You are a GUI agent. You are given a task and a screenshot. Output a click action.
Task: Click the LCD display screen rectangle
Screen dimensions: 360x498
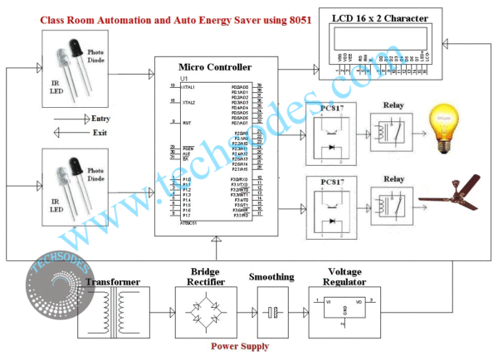click(x=381, y=37)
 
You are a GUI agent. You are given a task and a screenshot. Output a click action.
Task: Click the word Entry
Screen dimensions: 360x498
click(x=101, y=119)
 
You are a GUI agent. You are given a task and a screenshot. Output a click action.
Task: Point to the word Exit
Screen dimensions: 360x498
click(x=100, y=132)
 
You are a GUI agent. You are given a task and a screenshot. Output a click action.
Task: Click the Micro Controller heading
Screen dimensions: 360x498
click(x=215, y=66)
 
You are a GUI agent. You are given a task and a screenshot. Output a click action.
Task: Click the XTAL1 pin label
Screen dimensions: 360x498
click(x=189, y=86)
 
